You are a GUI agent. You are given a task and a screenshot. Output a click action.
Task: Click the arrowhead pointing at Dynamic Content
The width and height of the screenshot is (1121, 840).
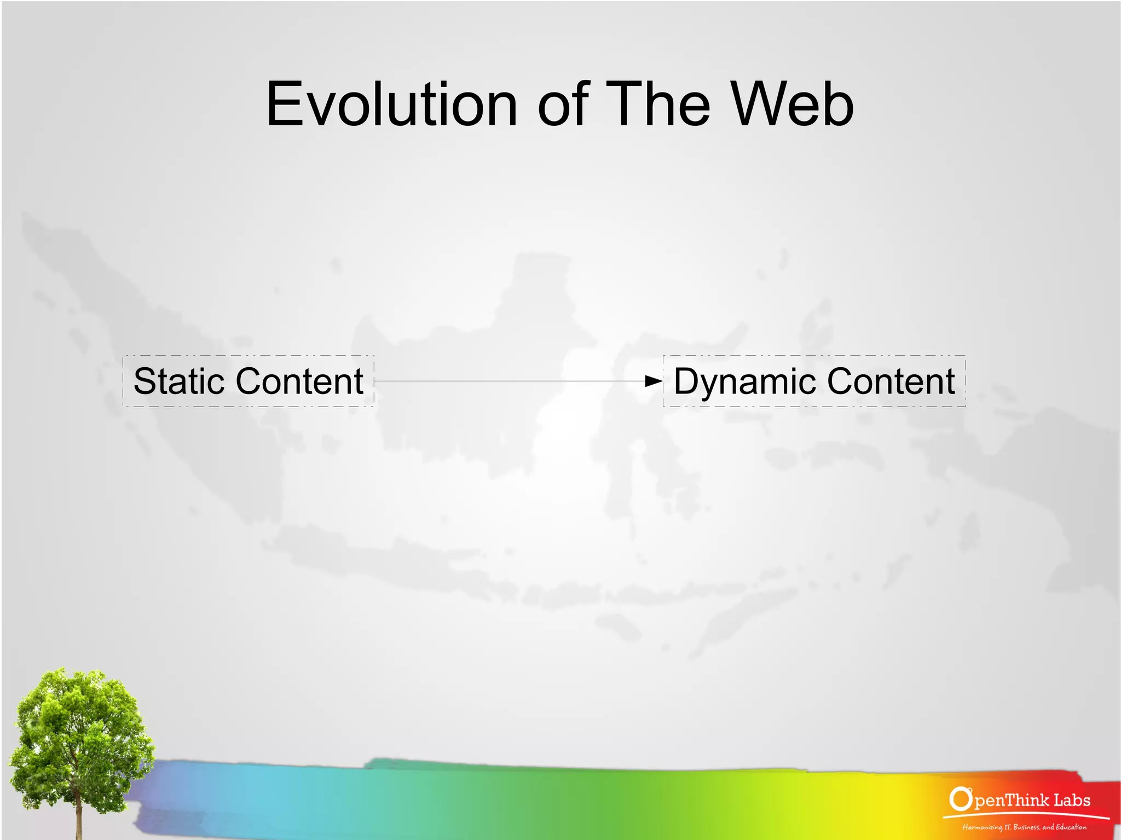(654, 381)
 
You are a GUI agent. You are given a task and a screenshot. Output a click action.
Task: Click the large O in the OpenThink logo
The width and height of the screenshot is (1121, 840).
(960, 800)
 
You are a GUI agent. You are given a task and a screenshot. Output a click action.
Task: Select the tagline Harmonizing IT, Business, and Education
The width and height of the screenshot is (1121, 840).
(1024, 827)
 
